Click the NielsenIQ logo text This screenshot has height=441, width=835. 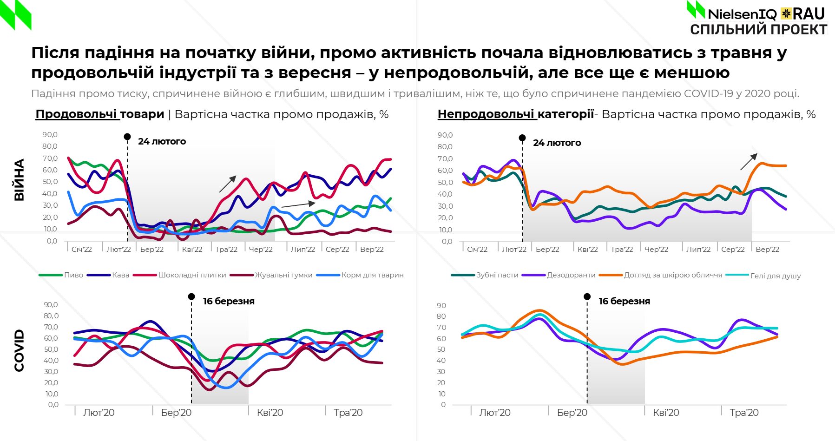742,14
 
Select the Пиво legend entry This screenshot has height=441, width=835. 73,275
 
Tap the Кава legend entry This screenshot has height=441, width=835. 120,275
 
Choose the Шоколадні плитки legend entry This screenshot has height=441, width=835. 192,275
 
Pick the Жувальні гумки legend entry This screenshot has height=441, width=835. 283,275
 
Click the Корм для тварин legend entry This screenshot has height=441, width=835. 372,275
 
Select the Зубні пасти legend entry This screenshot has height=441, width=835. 497,275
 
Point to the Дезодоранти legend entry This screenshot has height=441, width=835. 571,275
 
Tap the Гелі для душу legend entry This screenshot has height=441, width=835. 776,276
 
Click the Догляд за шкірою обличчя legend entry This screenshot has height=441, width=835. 673,275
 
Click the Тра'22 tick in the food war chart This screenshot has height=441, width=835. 226,250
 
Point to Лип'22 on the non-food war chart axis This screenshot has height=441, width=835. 698,250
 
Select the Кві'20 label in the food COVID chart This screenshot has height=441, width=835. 270,413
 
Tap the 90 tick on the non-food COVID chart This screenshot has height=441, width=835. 441,306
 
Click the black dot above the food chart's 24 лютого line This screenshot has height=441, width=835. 127,137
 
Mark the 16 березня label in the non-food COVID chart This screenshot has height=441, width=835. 624,301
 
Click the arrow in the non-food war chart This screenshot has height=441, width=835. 749,162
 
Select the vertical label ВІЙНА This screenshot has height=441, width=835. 19,180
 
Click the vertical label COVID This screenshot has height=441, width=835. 19,350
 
